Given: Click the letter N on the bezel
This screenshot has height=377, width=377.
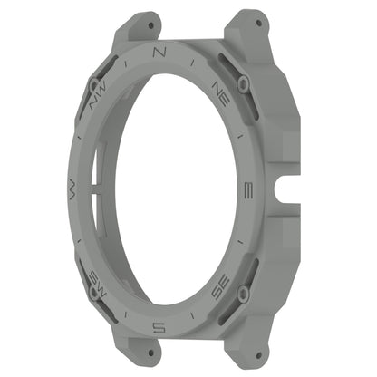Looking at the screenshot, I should tap(159, 52).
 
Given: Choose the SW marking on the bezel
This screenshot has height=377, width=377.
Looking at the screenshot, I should tap(96, 277).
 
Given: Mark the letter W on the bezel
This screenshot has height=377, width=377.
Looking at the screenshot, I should tap(71, 188).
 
